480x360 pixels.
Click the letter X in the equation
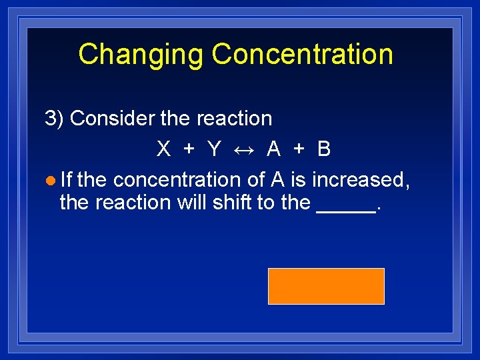click(x=163, y=149)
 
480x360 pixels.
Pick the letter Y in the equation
click(x=214, y=149)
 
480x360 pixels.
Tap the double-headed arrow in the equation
click(x=243, y=149)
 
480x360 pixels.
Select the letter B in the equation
click(x=324, y=149)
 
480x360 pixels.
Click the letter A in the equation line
click(x=273, y=149)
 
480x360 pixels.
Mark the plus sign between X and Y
click(x=189, y=149)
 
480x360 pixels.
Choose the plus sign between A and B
click(x=299, y=149)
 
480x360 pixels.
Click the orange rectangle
click(x=326, y=286)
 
